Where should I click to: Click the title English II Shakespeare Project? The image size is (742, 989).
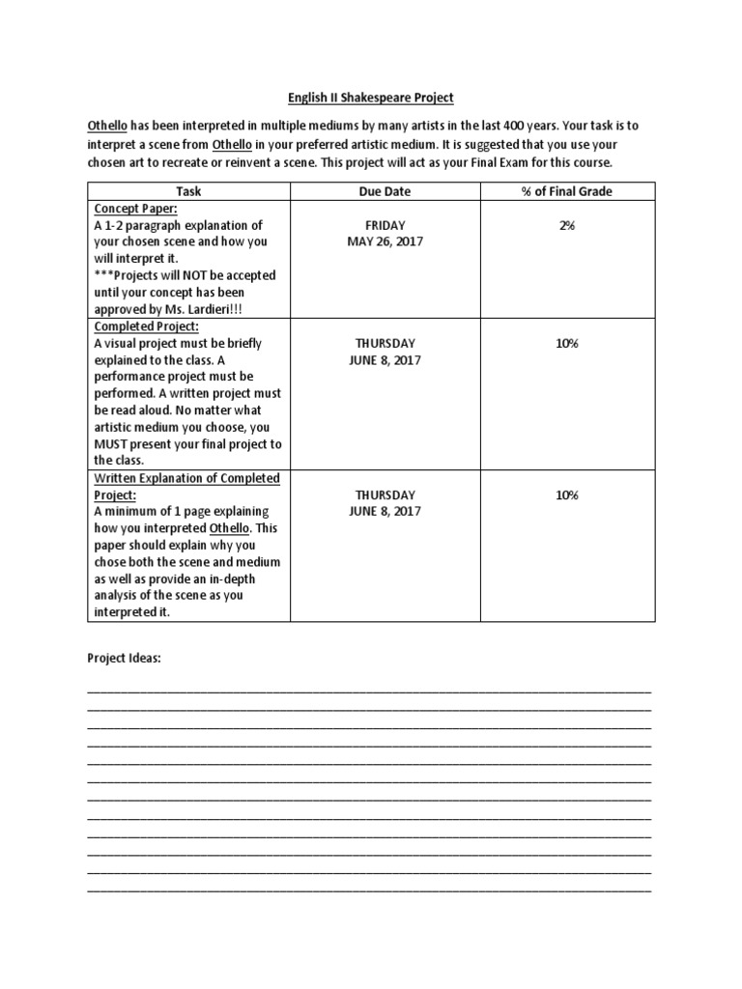[x=371, y=98]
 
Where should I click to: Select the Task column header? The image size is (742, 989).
[x=188, y=191]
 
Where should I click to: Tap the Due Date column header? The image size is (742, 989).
[x=385, y=191]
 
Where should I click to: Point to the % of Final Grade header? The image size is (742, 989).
[x=566, y=191]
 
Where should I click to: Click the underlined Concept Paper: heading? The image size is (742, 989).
[x=135, y=209]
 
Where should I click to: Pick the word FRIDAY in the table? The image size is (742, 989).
[x=385, y=225]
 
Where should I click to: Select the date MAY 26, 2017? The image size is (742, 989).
[x=385, y=241]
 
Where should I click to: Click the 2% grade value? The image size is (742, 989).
[x=566, y=225]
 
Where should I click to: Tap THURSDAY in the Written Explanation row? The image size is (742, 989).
[x=385, y=495]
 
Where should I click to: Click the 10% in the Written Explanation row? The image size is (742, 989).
[x=566, y=495]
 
